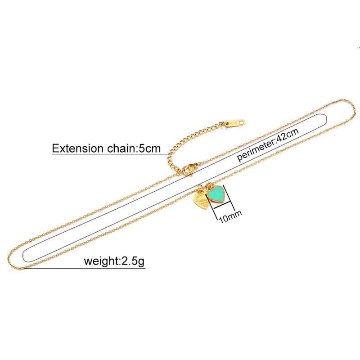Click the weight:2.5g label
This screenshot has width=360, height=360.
pyautogui.click(x=114, y=261)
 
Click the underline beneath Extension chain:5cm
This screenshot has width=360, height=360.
pyautogui.click(x=108, y=155)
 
